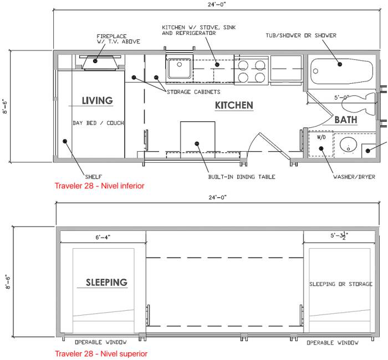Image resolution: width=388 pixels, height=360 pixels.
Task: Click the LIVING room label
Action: pyautogui.click(x=97, y=101)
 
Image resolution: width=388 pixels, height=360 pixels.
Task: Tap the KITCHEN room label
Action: pyautogui.click(x=234, y=105)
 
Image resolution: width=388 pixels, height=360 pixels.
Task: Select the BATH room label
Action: pyautogui.click(x=346, y=120)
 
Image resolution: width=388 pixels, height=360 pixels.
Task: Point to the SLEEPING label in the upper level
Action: pyautogui.click(x=106, y=282)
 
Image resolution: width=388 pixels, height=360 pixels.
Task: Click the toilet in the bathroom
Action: pyautogui.click(x=359, y=105)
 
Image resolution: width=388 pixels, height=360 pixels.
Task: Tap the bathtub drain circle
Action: pyautogui.click(x=315, y=71)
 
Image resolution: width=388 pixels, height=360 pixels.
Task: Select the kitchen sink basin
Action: pyautogui.click(x=180, y=68)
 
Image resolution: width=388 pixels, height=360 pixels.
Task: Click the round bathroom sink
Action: pyautogui.click(x=348, y=145)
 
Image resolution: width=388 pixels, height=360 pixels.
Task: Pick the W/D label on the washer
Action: pyautogui.click(x=321, y=137)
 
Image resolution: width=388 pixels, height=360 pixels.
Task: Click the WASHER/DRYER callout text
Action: pyautogui.click(x=354, y=177)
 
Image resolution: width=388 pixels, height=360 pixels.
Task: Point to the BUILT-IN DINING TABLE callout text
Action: pyautogui.click(x=242, y=177)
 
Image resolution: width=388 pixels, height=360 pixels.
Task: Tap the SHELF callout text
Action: pyautogui.click(x=94, y=177)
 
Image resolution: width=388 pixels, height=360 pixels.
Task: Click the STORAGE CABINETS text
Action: pyautogui.click(x=193, y=92)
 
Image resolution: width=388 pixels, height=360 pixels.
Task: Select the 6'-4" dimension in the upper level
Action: pyautogui.click(x=103, y=238)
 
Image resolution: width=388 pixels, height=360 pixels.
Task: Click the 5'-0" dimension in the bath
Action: pyautogui.click(x=341, y=97)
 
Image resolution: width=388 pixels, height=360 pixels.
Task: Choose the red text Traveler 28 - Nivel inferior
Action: pyautogui.click(x=99, y=186)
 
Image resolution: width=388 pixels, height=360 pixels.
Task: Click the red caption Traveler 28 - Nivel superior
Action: pyautogui.click(x=101, y=353)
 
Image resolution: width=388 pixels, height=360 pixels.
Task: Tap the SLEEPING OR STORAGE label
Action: pyautogui.click(x=341, y=284)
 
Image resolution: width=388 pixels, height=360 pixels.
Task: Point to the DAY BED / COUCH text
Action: pyautogui.click(x=98, y=123)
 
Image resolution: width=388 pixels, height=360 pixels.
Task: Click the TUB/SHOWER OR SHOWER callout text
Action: pyautogui.click(x=301, y=35)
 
